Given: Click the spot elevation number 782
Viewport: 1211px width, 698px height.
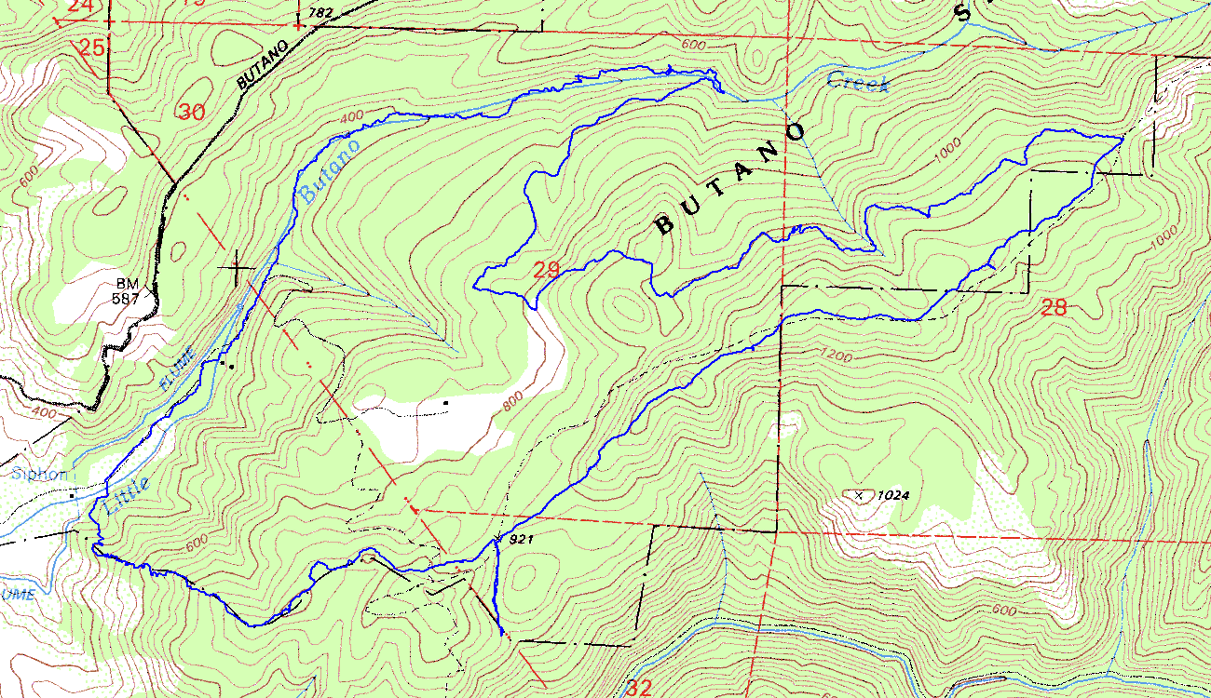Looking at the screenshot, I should coord(321,11).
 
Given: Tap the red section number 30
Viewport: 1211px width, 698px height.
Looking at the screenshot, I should coord(191,113).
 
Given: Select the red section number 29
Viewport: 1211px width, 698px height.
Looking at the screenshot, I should coord(547,271).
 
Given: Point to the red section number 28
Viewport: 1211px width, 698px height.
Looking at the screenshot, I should coord(1053,308).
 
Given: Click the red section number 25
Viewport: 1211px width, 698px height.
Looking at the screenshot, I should coord(91,47).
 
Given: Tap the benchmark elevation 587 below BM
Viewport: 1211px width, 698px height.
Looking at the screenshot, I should coord(127,299).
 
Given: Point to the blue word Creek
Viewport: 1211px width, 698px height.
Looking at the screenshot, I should coord(858,83).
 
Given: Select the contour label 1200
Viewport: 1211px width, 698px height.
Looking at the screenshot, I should coord(836,354).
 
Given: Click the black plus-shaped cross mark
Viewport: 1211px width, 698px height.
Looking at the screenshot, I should coord(238,268).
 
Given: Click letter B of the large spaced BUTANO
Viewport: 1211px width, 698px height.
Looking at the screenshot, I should coord(664,225).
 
